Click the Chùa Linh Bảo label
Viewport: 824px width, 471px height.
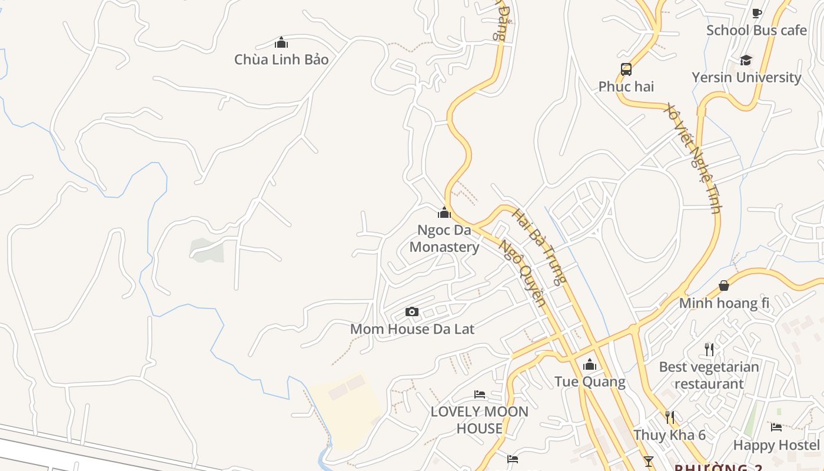pos(281,59)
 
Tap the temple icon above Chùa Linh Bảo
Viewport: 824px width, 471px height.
pos(281,42)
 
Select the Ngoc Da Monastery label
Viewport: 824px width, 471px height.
pos(444,238)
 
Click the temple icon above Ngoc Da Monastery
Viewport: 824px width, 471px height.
pos(444,213)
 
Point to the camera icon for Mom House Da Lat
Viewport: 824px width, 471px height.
pos(412,311)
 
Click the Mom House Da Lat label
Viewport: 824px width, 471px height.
pos(412,329)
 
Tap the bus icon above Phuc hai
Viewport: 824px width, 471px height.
pos(626,69)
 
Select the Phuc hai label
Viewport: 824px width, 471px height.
pos(626,87)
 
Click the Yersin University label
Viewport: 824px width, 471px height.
pos(746,77)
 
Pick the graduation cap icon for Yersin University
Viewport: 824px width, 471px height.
pos(746,60)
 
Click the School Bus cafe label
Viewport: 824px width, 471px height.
pos(756,30)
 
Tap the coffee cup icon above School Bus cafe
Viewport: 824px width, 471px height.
pos(757,13)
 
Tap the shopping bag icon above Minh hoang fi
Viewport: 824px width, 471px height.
pos(724,286)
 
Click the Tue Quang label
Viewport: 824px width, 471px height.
pos(590,382)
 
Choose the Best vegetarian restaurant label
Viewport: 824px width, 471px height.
pos(709,375)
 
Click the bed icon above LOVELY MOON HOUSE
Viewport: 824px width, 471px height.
pos(480,394)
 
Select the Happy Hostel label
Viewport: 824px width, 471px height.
pos(776,445)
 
